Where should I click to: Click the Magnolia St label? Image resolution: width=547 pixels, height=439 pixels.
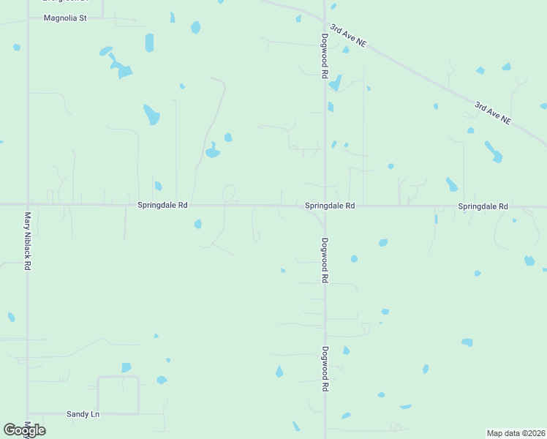pyautogui.click(x=65, y=18)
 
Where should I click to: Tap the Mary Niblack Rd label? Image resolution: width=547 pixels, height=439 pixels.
pyautogui.click(x=28, y=241)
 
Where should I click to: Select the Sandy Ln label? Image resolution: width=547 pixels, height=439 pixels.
pyautogui.click(x=83, y=414)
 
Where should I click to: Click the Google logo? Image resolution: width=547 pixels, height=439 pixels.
pyautogui.click(x=24, y=430)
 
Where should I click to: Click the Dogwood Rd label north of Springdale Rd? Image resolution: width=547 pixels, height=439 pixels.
pyautogui.click(x=325, y=56)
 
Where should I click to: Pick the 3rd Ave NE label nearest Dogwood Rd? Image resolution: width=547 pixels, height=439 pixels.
pyautogui.click(x=347, y=36)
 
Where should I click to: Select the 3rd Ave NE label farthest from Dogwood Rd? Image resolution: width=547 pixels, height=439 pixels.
pyautogui.click(x=492, y=113)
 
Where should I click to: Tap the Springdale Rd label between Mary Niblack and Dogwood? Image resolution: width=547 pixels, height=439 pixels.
pyautogui.click(x=162, y=206)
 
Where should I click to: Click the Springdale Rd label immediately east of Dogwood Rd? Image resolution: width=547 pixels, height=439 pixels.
pyautogui.click(x=330, y=206)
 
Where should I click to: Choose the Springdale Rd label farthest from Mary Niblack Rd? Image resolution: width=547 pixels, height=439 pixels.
pyautogui.click(x=483, y=207)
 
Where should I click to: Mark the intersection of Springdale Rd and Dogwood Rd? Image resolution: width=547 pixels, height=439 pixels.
pyautogui.click(x=325, y=206)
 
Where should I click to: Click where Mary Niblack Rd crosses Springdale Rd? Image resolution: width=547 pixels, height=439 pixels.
pyautogui.click(x=28, y=205)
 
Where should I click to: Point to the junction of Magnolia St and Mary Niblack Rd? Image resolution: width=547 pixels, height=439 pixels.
pyautogui.click(x=28, y=18)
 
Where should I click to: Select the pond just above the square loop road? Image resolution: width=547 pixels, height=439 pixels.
pyautogui.click(x=127, y=367)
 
